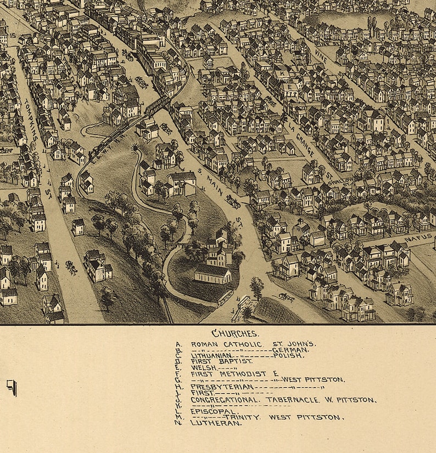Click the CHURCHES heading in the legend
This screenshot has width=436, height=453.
(235, 333)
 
